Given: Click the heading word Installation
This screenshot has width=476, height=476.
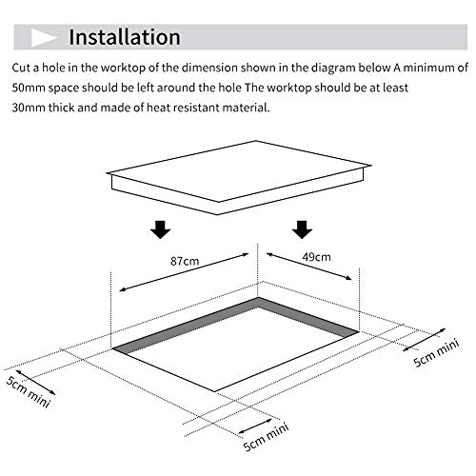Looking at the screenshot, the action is tap(125, 37).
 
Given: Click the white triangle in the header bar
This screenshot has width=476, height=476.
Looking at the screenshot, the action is tap(43, 38).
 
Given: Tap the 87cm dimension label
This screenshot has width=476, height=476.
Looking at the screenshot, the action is tap(185, 261).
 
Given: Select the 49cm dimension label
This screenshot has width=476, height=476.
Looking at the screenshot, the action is tap(316, 257).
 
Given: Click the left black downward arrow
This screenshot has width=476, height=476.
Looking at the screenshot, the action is tap(161, 229).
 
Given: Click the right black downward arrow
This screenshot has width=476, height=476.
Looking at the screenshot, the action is tap(302, 229).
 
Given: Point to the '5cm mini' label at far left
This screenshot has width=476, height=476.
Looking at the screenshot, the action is tap(28, 392).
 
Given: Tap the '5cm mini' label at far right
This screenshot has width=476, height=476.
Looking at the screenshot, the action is tap(437, 353).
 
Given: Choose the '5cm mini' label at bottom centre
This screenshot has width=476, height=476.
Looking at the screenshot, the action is tap(266, 437).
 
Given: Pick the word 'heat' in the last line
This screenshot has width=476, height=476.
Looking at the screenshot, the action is tap(158, 108).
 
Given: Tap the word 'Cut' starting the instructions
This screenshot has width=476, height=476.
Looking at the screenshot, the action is tap(21, 68).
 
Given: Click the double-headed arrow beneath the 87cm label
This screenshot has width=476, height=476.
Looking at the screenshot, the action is tap(184, 272).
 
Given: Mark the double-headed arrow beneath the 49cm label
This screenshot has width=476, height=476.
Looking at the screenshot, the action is tap(309, 267).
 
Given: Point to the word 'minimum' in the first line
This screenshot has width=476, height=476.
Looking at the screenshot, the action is tap(429, 68).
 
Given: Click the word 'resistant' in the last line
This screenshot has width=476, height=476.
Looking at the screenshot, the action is tap(196, 108).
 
